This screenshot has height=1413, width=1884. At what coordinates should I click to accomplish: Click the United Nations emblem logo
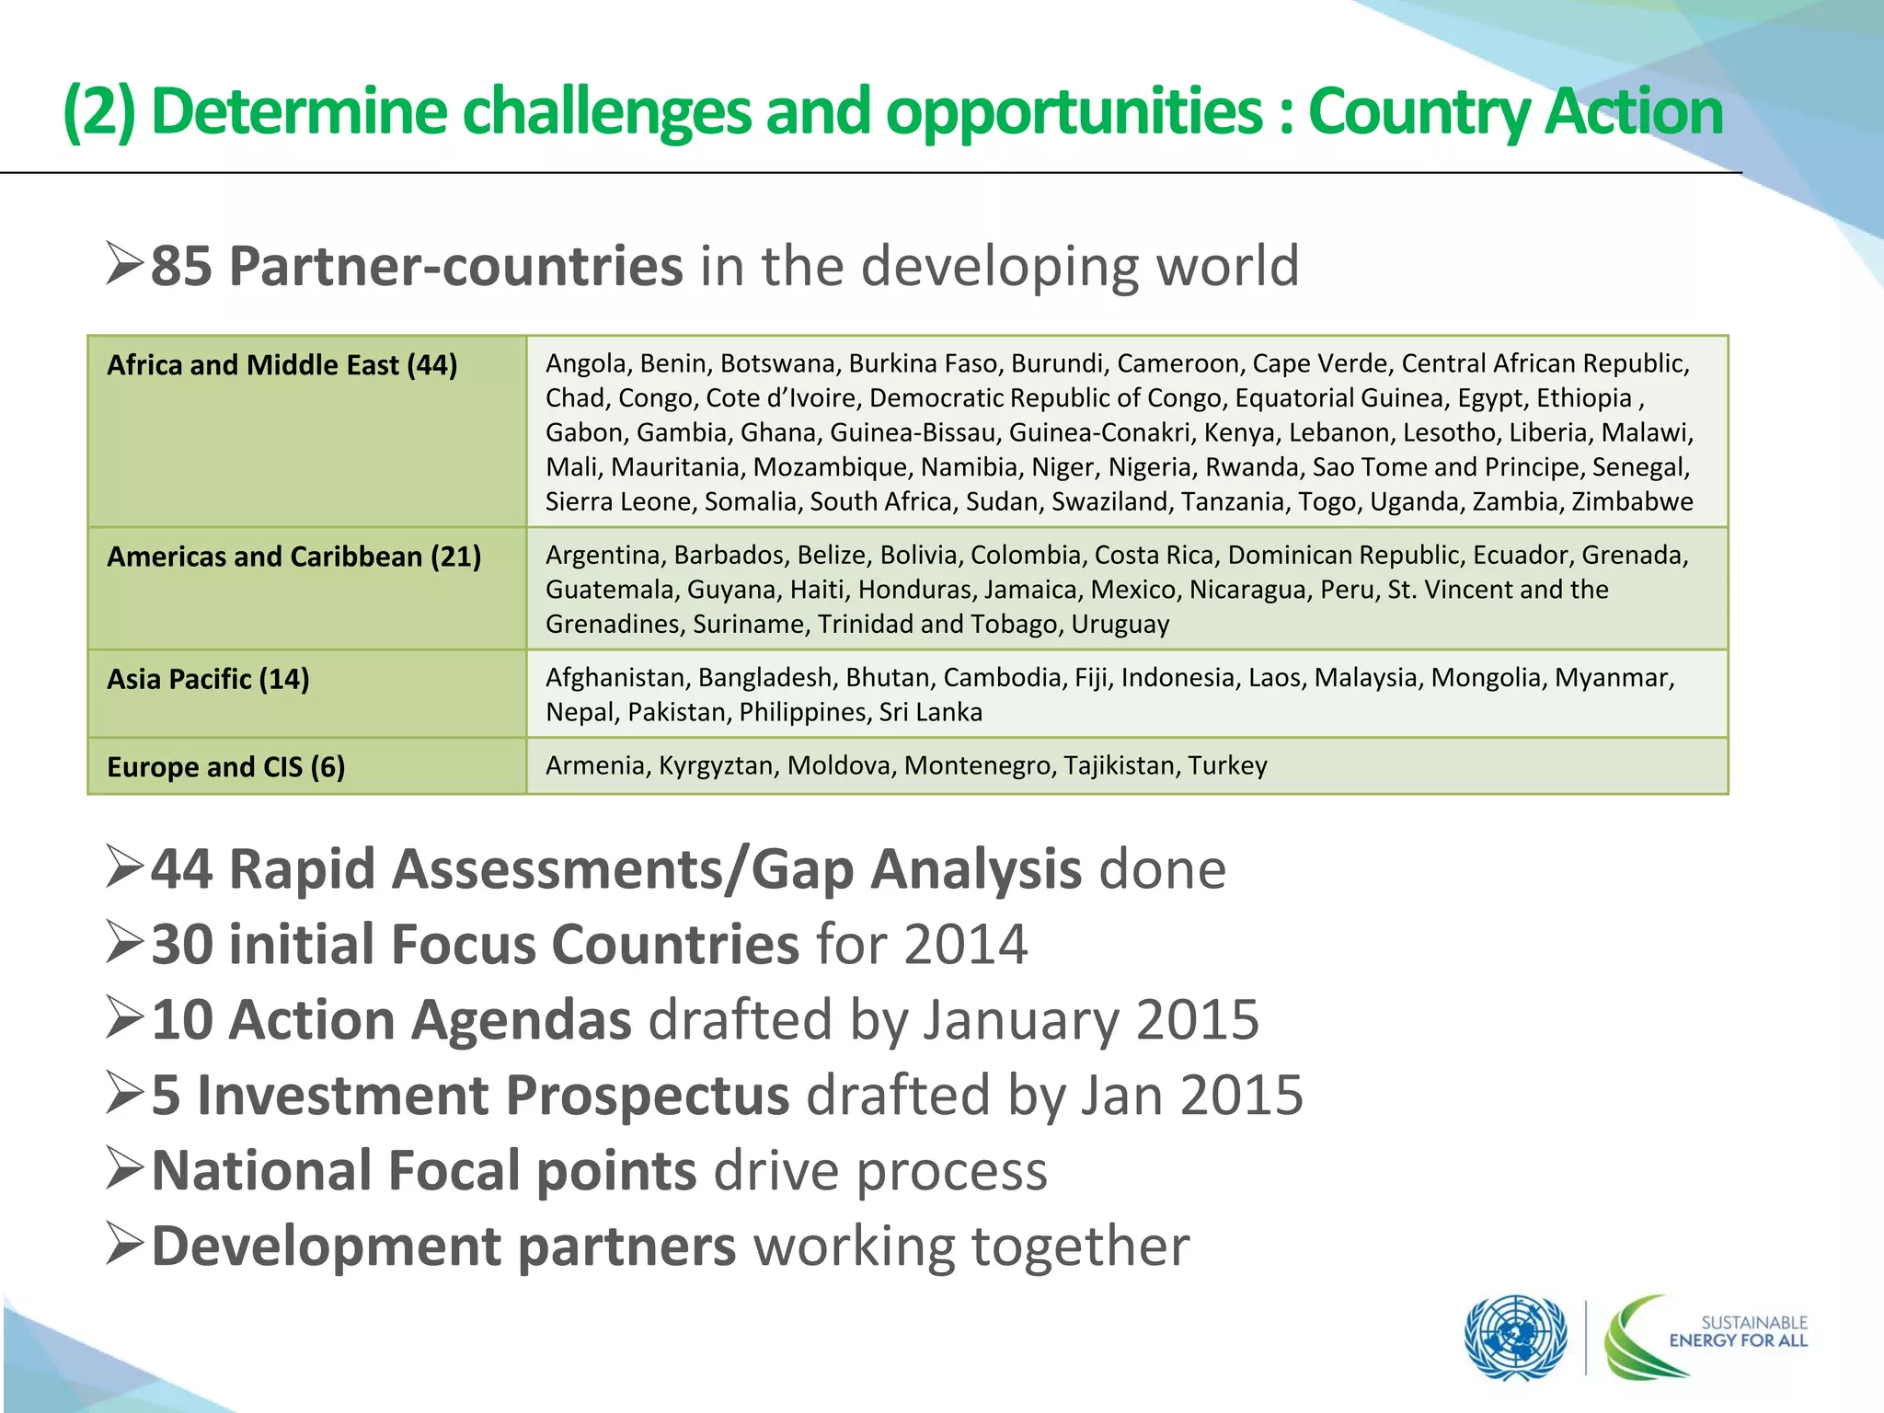(x=1515, y=1338)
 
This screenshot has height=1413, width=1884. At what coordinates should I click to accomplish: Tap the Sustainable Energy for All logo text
(x=1738, y=1331)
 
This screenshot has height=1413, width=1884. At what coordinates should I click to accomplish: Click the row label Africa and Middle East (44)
(x=281, y=365)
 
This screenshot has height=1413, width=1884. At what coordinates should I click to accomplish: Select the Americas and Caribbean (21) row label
(x=293, y=557)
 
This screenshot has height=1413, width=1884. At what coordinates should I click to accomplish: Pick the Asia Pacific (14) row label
(x=208, y=679)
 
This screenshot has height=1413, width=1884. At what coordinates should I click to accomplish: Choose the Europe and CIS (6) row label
(x=225, y=766)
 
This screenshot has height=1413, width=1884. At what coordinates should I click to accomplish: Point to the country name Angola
(x=586, y=363)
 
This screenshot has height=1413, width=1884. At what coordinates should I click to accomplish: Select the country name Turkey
(x=1227, y=765)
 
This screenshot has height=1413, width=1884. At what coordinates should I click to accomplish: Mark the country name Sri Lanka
(x=930, y=712)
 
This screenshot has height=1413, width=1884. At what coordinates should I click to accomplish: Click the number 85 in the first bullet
(x=181, y=267)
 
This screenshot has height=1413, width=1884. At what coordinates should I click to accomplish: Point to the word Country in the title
(x=1418, y=111)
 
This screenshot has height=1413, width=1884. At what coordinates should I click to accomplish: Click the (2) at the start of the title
(x=98, y=111)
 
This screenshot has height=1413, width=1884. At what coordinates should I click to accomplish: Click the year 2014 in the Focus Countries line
(x=965, y=945)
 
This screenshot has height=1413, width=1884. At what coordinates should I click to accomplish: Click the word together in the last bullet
(x=1080, y=1246)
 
